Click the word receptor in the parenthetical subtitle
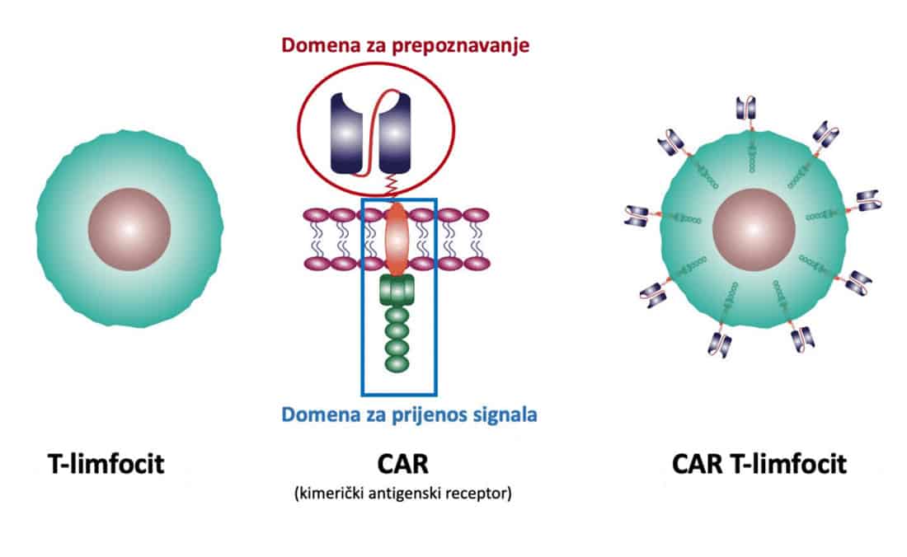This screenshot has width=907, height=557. [479, 494]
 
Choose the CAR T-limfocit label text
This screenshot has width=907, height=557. [759, 464]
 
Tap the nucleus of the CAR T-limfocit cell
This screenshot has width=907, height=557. [754, 228]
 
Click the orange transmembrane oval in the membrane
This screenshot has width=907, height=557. [397, 240]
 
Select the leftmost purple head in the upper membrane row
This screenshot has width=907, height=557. [318, 216]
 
